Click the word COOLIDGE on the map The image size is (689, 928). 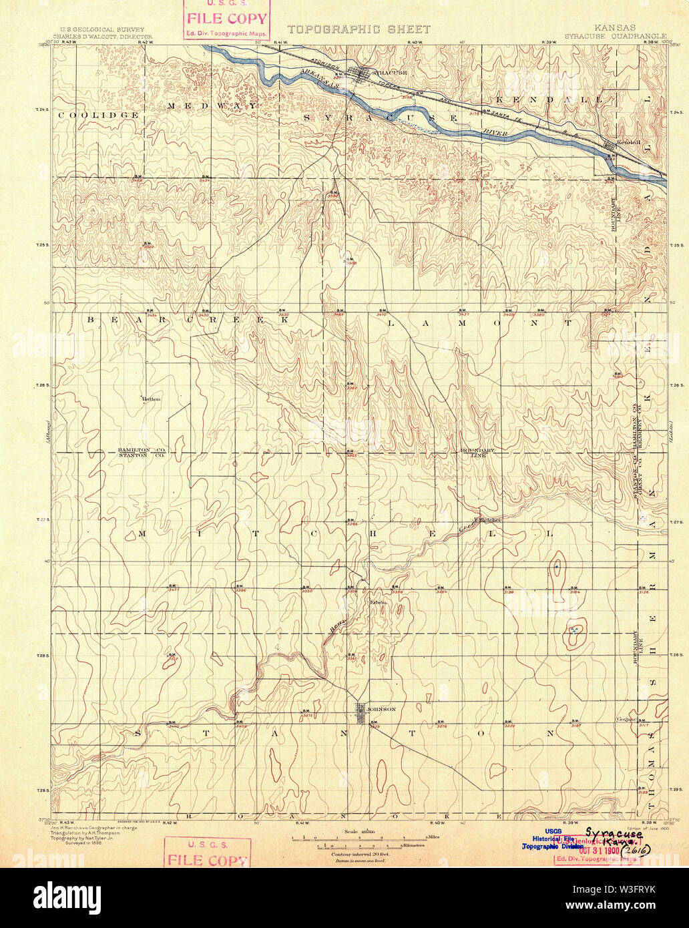pyautogui.click(x=97, y=115)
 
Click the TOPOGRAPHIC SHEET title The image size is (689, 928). pyautogui.click(x=359, y=29)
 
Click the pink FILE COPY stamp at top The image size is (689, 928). pyautogui.click(x=227, y=19)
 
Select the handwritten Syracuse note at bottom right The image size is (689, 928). pyautogui.click(x=614, y=834)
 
